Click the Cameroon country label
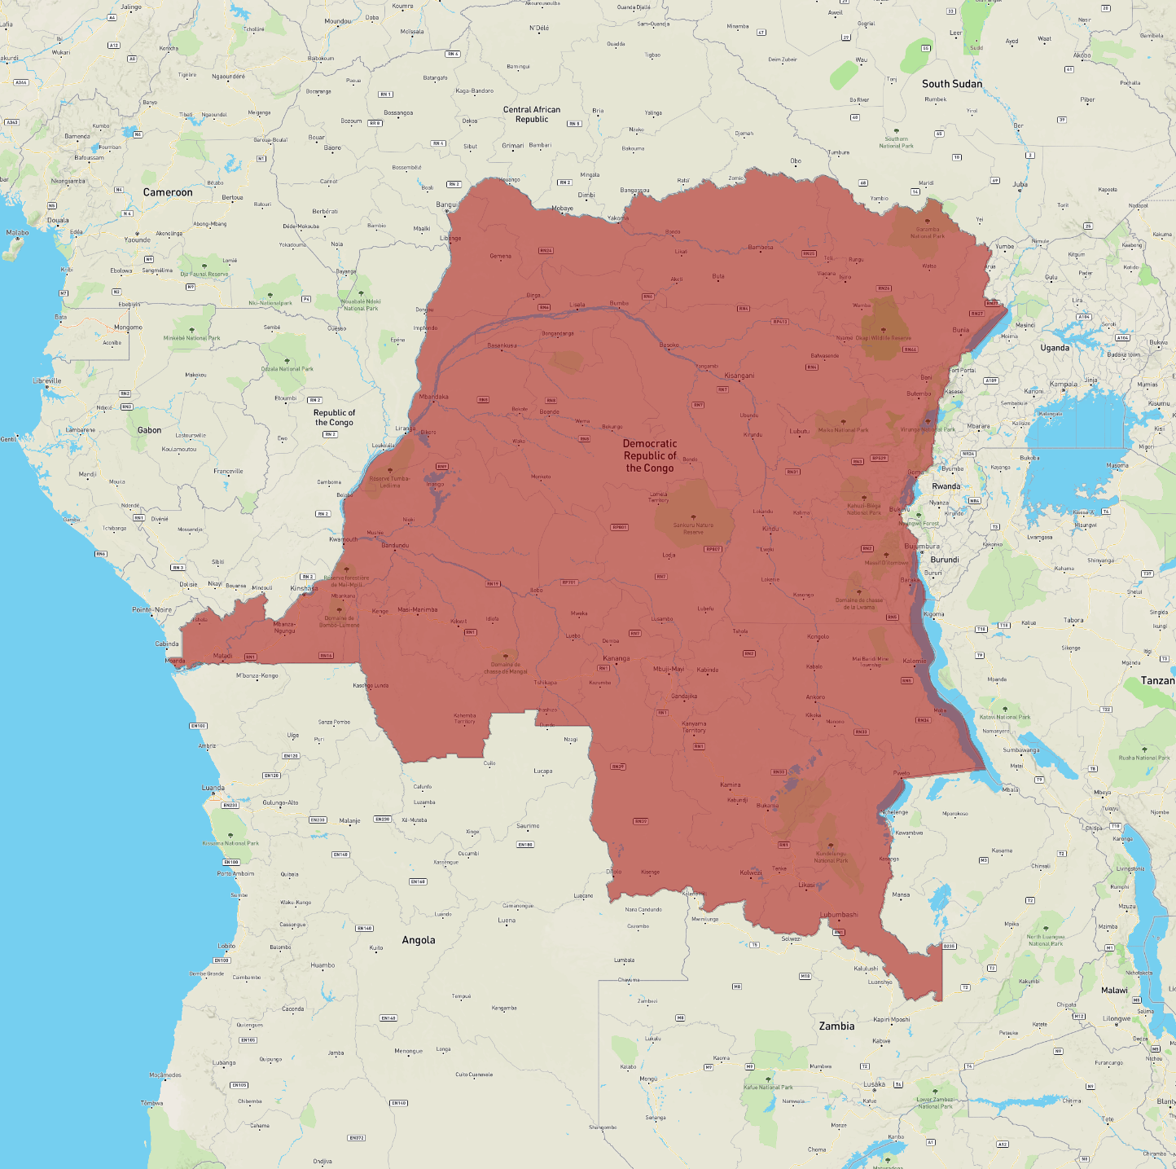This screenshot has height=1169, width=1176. pyautogui.click(x=168, y=192)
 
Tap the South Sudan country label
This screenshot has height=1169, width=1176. pyautogui.click(x=951, y=84)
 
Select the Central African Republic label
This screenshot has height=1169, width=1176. pyautogui.click(x=532, y=114)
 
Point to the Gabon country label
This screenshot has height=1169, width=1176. pyautogui.click(x=149, y=430)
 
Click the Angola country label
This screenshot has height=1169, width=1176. pyautogui.click(x=419, y=940)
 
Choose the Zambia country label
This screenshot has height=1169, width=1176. pyautogui.click(x=836, y=1026)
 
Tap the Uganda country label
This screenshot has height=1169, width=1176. pyautogui.click(x=1055, y=348)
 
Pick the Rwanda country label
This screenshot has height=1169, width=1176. pyautogui.click(x=946, y=486)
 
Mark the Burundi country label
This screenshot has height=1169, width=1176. pyautogui.click(x=945, y=560)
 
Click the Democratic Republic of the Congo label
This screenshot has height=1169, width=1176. pyautogui.click(x=650, y=456)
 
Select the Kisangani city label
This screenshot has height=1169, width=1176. pyautogui.click(x=739, y=376)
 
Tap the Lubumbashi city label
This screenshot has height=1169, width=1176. pyautogui.click(x=839, y=915)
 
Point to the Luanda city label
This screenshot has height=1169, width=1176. pyautogui.click(x=213, y=788)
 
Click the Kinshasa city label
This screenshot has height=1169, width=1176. pyautogui.click(x=305, y=588)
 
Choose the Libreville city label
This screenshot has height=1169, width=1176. pyautogui.click(x=47, y=380)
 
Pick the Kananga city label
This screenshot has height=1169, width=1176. pyautogui.click(x=617, y=658)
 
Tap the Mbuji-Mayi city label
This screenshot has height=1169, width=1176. pyautogui.click(x=669, y=669)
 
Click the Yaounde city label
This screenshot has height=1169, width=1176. pyautogui.click(x=137, y=240)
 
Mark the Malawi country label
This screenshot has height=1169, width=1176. pyautogui.click(x=1114, y=991)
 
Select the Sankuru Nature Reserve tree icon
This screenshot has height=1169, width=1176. pyautogui.click(x=694, y=517)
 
